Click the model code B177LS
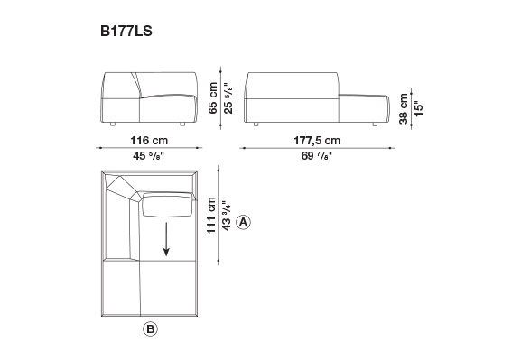(x=126, y=32)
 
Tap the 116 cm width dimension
(x=149, y=141)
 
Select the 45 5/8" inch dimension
(x=149, y=155)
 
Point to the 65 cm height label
(x=213, y=98)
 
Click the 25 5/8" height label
(x=228, y=98)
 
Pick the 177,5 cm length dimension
(x=317, y=141)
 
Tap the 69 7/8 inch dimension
(x=317, y=155)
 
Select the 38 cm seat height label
(x=403, y=108)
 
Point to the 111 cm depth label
(x=211, y=216)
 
